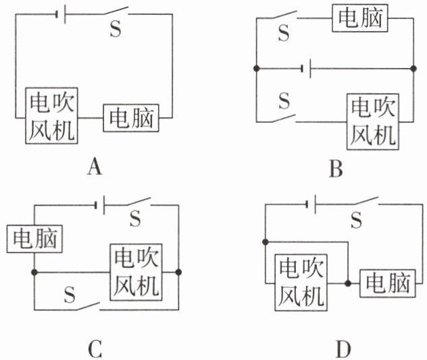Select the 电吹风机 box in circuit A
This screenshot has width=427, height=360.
(x=52, y=115)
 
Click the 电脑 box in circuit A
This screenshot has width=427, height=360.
(x=131, y=118)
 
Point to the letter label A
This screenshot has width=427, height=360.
(x=95, y=167)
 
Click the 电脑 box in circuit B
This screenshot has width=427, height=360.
(x=360, y=18)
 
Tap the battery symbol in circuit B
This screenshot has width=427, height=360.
(x=306, y=68)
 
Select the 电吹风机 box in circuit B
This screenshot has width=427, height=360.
(x=373, y=122)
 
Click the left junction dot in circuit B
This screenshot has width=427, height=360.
(x=256, y=68)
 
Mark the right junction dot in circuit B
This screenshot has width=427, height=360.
(x=413, y=68)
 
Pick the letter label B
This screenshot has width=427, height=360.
(x=336, y=169)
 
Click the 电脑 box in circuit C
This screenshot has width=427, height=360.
(x=34, y=239)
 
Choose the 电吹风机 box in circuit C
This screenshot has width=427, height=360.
(x=136, y=272)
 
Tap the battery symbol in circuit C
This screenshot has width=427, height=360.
(x=100, y=205)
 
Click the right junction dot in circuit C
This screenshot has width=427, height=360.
(x=178, y=272)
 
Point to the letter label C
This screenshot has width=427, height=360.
(x=95, y=349)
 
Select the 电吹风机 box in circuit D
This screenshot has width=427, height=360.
(x=301, y=282)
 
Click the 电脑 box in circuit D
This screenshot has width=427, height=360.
(x=388, y=284)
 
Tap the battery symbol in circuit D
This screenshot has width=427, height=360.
(x=311, y=204)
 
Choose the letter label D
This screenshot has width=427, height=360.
(x=343, y=349)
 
